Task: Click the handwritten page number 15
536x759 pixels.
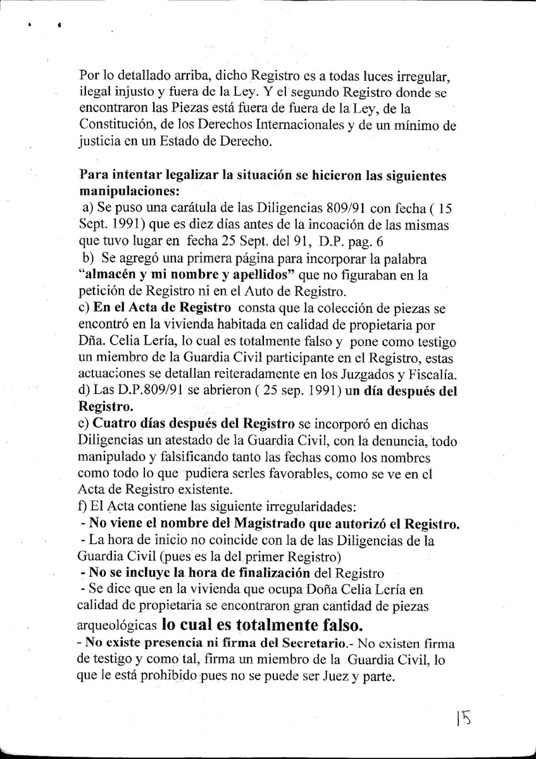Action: pyautogui.click(x=464, y=720)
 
